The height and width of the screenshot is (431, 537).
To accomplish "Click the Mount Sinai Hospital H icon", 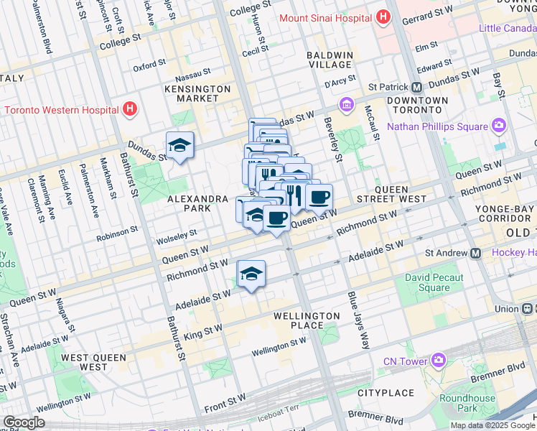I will pos(383,15).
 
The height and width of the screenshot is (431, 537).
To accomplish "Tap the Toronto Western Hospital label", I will pos(61,110).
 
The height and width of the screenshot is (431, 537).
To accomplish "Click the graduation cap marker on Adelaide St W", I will pos(251,274).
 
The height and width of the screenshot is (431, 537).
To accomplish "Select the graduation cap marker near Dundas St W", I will pos(179,146).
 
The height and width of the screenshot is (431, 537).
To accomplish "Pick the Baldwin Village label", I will pos(330,60).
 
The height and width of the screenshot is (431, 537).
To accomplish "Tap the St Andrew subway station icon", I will pos(475,253).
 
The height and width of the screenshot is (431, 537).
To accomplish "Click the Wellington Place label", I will pos(307,320).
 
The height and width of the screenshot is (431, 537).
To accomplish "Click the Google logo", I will pos(24,422).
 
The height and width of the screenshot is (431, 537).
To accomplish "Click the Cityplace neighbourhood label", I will pos(386,393).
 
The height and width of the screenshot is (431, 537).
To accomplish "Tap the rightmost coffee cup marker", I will pos(319,196).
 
